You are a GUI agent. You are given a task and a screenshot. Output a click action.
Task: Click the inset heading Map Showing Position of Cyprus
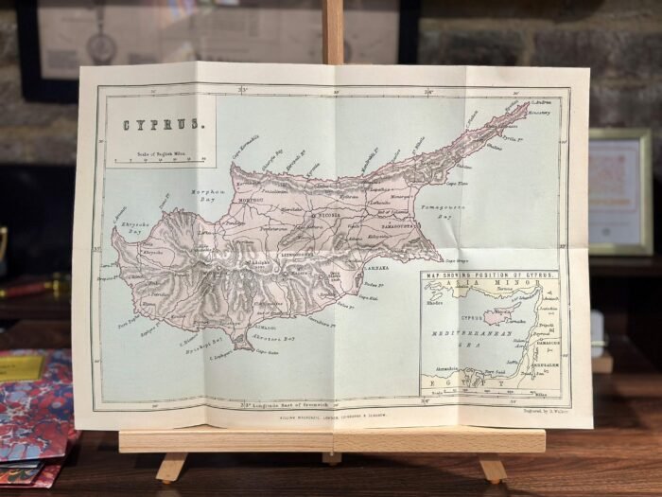[490, 275]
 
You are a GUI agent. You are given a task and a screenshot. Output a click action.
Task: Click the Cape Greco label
[457, 260]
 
